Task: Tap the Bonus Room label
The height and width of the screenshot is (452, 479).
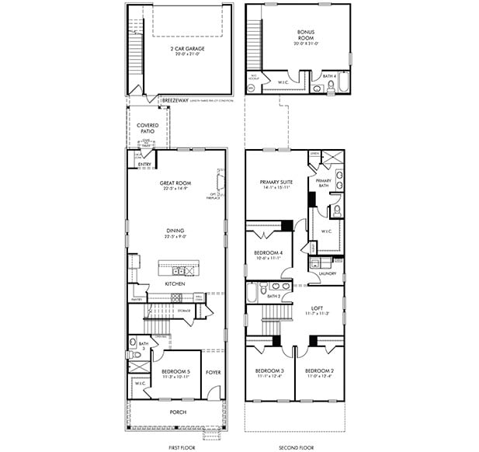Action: click(x=306, y=35)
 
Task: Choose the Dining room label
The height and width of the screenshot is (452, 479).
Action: click(x=176, y=230)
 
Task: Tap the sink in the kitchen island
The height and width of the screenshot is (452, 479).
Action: click(x=179, y=271)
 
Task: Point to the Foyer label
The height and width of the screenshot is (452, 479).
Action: click(x=213, y=372)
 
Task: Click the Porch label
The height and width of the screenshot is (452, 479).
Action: click(x=179, y=412)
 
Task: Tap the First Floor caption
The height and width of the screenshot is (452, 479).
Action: click(x=182, y=447)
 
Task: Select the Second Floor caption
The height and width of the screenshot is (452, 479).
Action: click(x=297, y=447)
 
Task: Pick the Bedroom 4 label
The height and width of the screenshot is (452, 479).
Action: click(x=269, y=254)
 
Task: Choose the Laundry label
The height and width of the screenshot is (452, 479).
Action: click(x=327, y=273)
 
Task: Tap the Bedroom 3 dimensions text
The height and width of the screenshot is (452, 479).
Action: click(x=270, y=377)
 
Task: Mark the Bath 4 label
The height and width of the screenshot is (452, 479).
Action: click(x=329, y=76)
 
